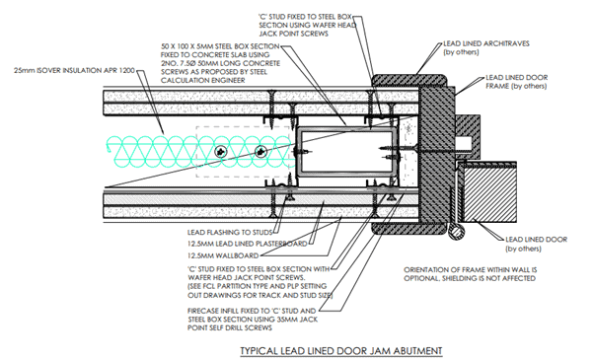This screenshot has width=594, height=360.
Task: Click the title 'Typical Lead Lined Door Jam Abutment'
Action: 341,350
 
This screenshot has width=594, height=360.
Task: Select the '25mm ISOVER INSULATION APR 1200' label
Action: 74,70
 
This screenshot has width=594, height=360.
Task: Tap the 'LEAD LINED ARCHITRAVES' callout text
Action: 486,43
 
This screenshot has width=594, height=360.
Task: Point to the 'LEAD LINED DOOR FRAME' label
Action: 517,82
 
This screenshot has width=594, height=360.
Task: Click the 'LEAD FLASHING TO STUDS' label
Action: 230,232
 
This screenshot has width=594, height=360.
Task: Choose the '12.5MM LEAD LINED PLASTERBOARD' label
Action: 247,244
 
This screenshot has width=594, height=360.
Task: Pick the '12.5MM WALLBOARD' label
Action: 223,255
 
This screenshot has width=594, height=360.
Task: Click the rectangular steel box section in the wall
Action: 345,152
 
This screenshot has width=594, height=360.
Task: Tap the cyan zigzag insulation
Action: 200,152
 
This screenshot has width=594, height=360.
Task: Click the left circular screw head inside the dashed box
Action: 220,152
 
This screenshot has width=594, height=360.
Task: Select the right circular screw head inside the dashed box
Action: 260,152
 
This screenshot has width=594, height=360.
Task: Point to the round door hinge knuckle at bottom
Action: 455,231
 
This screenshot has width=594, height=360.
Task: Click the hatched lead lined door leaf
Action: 490,193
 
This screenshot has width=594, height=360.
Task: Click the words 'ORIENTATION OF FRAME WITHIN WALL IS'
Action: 470,270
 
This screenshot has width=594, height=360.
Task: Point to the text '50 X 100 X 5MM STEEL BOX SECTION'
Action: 220,46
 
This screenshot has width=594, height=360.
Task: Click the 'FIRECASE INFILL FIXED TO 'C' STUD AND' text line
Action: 252,311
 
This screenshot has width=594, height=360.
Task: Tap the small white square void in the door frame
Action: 464,143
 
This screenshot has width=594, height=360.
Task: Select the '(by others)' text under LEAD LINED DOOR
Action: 523,249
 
